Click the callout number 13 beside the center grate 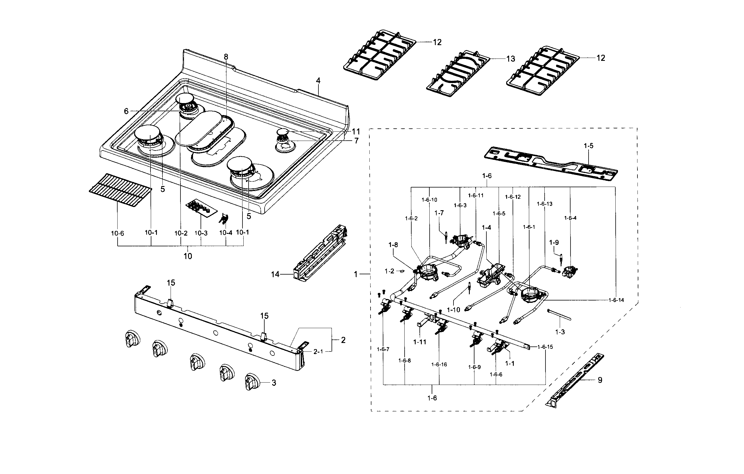pyautogui.click(x=511, y=59)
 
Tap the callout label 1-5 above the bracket pyautogui.click(x=588, y=146)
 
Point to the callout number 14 pyautogui.click(x=275, y=274)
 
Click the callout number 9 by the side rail pyautogui.click(x=600, y=380)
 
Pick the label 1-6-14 pyautogui.click(x=616, y=300)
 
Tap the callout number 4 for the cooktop pyautogui.click(x=318, y=81)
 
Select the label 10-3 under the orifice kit pyautogui.click(x=201, y=233)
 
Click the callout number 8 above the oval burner pyautogui.click(x=226, y=57)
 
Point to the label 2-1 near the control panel pyautogui.click(x=318, y=352)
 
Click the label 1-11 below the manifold pyautogui.click(x=419, y=342)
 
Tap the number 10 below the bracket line pyautogui.click(x=187, y=256)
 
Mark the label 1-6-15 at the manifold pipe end pyautogui.click(x=545, y=347)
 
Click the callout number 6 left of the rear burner pyautogui.click(x=126, y=111)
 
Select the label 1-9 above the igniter pyautogui.click(x=554, y=243)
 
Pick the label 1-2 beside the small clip pyautogui.click(x=389, y=271)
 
